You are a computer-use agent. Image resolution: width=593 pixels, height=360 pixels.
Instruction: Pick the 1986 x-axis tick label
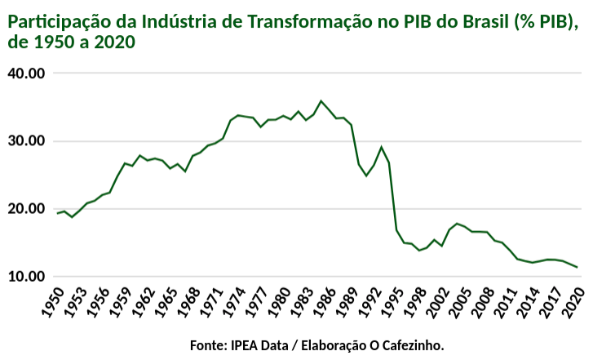point(321,302)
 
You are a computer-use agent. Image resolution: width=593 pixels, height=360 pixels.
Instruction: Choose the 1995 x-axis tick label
point(389,302)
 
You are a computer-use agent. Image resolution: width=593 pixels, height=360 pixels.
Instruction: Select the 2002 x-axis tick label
point(441,302)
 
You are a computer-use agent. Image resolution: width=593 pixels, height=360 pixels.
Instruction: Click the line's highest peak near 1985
point(321,101)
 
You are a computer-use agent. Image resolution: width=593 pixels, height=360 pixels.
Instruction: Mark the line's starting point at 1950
point(57,213)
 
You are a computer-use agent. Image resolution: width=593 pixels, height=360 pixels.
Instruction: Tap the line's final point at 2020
point(578,267)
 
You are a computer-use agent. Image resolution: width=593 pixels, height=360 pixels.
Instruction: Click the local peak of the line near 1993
point(381,147)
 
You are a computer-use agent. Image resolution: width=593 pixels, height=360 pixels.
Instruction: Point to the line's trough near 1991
point(366,176)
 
